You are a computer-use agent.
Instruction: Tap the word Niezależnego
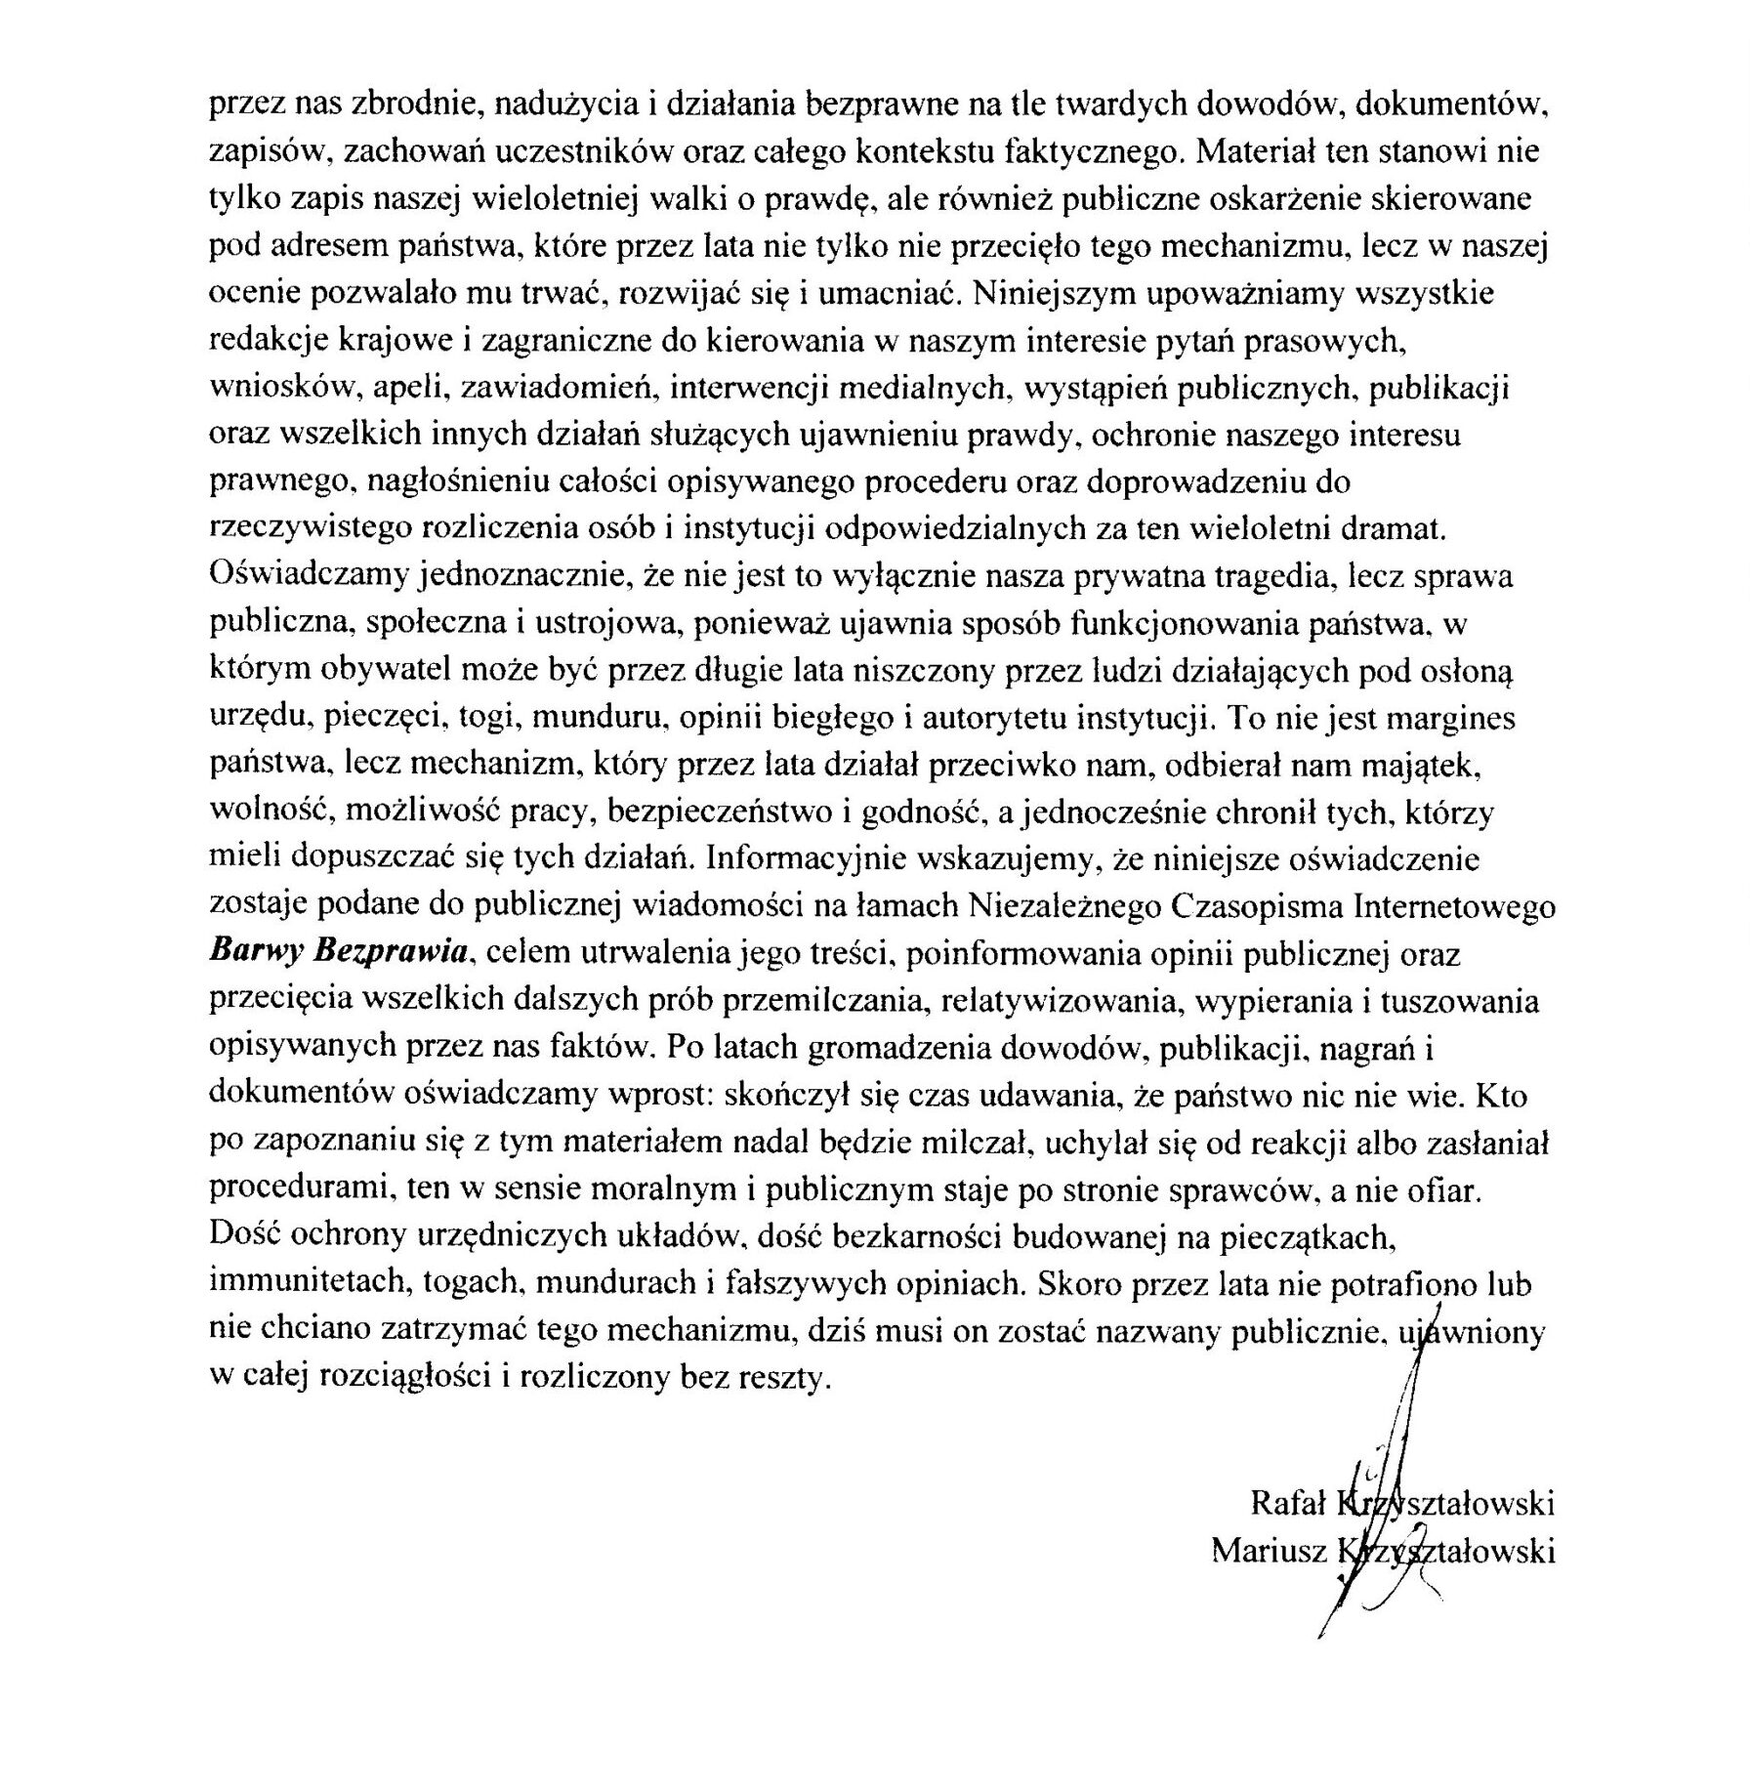pos(1062,906)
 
